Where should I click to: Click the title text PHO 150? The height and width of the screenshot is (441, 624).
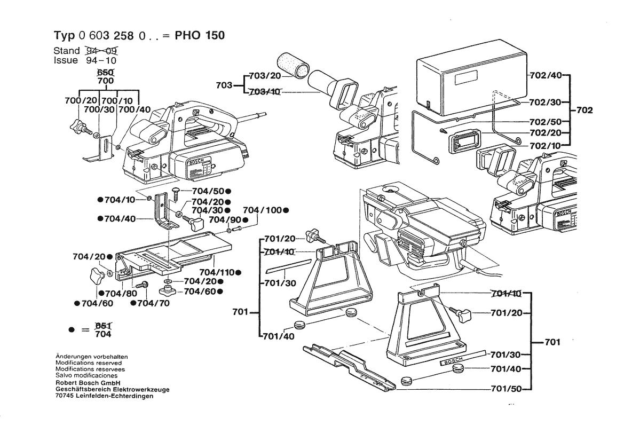[x=200, y=36]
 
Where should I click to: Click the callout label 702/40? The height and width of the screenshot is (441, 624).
[x=546, y=76]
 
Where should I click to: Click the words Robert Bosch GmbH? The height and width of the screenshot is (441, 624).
[x=88, y=383]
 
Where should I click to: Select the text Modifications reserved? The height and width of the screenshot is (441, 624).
[x=89, y=363]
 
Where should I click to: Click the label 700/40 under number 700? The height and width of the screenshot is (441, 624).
[x=136, y=109]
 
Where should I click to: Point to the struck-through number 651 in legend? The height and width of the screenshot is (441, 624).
[x=103, y=326]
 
